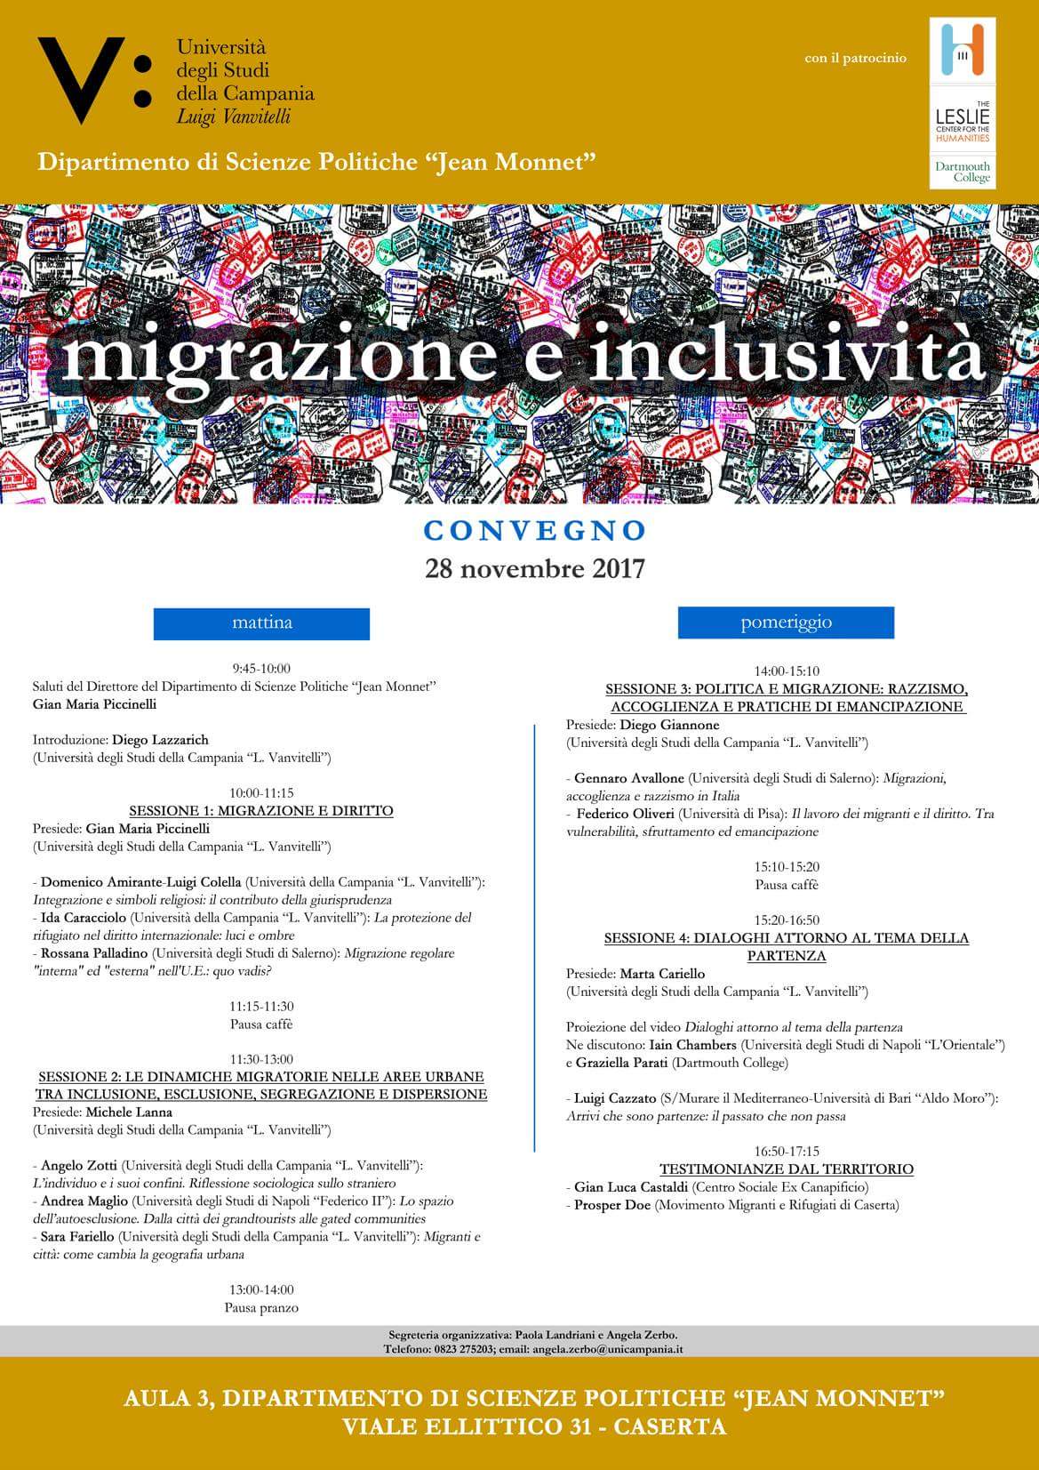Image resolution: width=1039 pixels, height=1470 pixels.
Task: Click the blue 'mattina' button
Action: [x=261, y=623]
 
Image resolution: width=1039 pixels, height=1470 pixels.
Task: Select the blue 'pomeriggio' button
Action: [x=786, y=623]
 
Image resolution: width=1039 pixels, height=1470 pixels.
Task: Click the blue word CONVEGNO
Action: [x=534, y=530]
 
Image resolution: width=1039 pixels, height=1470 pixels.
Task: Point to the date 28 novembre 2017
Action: [x=534, y=567]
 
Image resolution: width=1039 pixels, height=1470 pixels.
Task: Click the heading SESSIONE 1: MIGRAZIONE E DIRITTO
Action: [x=261, y=811]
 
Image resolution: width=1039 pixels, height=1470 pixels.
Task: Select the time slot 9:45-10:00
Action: [x=261, y=669]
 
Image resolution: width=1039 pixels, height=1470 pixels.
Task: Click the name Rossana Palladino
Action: [x=94, y=953]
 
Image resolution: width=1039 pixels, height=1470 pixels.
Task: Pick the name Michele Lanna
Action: [x=129, y=1112]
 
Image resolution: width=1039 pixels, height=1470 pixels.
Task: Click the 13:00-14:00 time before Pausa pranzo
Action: [x=261, y=1289]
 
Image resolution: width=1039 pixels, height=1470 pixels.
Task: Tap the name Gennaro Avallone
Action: [x=629, y=778]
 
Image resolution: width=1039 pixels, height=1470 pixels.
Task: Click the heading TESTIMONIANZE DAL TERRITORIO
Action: [x=786, y=1169]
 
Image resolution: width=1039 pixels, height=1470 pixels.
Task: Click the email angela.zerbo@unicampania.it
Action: [x=608, y=1348]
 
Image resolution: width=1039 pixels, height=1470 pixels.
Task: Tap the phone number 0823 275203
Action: [x=446, y=1348]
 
